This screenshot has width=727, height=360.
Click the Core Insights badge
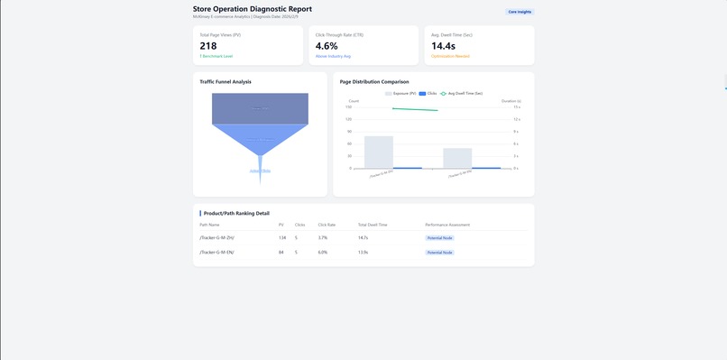[520, 12]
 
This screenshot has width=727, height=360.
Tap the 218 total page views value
[208, 46]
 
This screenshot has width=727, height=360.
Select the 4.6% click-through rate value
[327, 46]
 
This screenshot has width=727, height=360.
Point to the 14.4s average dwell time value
[444, 46]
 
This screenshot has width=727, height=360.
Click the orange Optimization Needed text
[450, 56]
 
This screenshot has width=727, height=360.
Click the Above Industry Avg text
[334, 56]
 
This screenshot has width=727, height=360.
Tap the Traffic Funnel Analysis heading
[225, 82]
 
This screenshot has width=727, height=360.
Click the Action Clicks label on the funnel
[260, 171]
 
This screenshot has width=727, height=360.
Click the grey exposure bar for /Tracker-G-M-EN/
[457, 158]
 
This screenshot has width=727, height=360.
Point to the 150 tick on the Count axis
[349, 106]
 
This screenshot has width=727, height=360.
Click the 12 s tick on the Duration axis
[517, 119]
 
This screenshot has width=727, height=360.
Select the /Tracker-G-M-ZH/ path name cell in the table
[217, 237]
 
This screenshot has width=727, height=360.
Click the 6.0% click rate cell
[323, 253]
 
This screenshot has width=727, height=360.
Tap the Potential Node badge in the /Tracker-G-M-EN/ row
[440, 253]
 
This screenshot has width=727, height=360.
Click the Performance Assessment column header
[447, 225]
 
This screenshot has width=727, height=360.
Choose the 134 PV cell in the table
[282, 237]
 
